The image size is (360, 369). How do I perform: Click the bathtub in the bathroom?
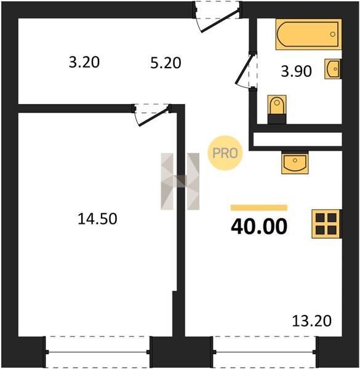tap(308, 34)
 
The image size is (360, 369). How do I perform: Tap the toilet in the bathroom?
tap(277, 109)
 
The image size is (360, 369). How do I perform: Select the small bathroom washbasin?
tap(333, 69)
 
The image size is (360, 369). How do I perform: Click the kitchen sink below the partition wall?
tap(295, 162)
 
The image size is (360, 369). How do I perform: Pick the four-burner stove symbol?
tap(326, 224)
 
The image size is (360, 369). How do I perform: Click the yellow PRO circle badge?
tap(225, 153)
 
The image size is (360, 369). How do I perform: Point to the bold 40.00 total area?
tap(259, 226)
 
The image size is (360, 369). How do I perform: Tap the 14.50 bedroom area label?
tap(97, 218)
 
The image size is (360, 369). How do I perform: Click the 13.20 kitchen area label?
tap(312, 320)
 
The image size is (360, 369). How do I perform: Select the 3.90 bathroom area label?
tap(296, 71)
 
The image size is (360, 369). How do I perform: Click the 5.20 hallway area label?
tap(166, 63)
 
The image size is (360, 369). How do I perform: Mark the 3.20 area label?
tap(84, 62)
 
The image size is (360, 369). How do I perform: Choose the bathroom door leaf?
tap(245, 69)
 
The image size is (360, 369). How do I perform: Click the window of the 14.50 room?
tap(98, 352)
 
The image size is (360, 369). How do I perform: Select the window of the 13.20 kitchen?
tap(265, 352)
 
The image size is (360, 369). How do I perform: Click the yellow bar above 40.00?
tap(259, 208)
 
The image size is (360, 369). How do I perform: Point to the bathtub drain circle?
tap(333, 34)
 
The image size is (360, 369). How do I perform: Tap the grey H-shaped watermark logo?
tap(180, 181)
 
